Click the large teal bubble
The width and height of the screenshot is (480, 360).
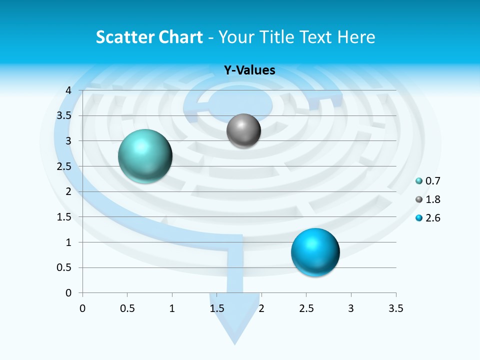point(145,156)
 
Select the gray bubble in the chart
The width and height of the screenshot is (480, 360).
point(243,131)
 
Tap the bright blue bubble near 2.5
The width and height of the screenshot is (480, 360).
point(315,252)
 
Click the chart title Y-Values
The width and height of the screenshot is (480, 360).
point(249,70)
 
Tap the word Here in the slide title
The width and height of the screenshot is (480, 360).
point(356,37)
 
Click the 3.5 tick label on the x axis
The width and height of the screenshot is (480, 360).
point(395,308)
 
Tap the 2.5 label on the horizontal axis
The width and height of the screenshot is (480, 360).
point(306,308)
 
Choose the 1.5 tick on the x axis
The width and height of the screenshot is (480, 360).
point(216,308)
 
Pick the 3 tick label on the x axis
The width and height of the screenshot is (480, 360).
point(351,308)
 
